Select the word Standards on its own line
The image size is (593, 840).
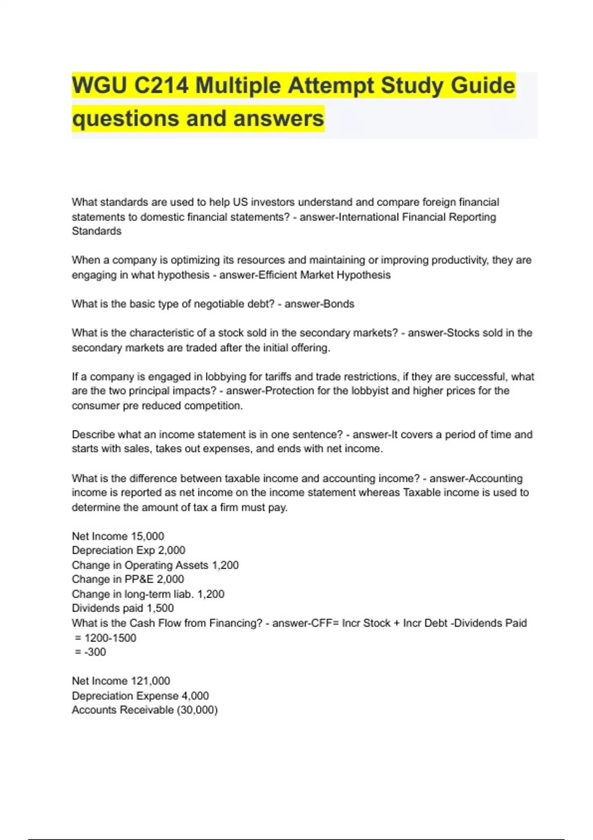(96, 231)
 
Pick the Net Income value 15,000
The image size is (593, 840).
(147, 536)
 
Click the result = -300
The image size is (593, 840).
(90, 652)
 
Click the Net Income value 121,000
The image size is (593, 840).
(150, 681)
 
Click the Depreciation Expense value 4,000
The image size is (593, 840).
(195, 696)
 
